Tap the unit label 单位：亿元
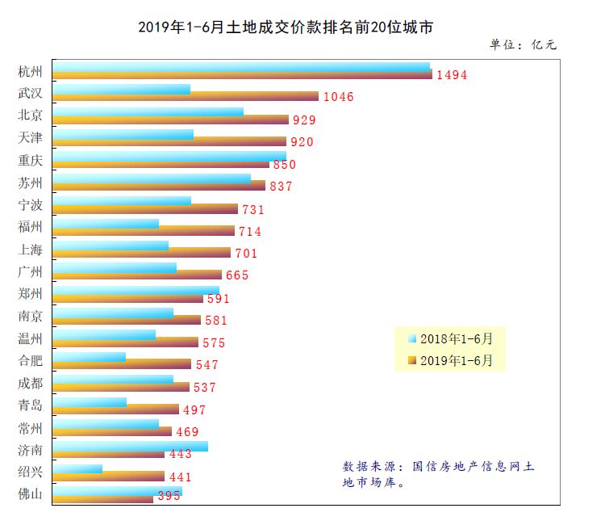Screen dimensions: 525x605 tap(523, 45)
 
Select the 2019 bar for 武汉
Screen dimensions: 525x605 tap(186, 97)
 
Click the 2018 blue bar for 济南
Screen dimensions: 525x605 tap(130, 446)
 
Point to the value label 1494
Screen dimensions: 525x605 tap(452, 75)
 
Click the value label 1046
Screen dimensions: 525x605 tap(338, 97)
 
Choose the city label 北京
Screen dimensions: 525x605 tap(31, 115)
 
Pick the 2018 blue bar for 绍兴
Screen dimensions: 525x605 tap(77, 468)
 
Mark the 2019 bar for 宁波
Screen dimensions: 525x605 tap(145, 208)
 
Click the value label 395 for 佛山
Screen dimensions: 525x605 tap(169, 497)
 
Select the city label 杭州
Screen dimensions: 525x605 tap(31, 71)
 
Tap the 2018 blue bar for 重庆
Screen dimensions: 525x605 tap(169, 156)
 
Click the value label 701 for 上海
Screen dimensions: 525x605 tap(246, 254)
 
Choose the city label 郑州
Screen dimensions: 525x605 tap(31, 293)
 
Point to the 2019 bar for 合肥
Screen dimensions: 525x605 tap(122, 364)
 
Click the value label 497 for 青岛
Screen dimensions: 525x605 tap(194, 410)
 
